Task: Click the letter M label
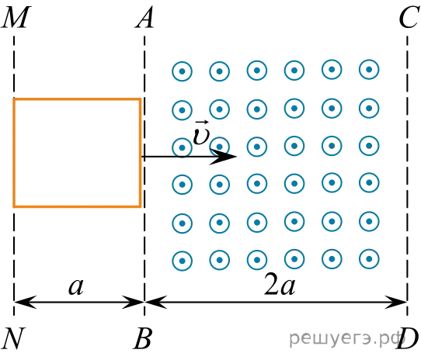click(16, 17)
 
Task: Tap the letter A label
click(144, 17)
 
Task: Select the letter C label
click(409, 17)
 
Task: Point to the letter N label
click(13, 338)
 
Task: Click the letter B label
click(143, 338)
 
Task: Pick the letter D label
click(408, 338)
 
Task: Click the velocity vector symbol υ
click(201, 133)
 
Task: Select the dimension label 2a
click(280, 284)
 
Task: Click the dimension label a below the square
click(76, 286)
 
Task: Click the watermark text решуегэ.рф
click(346, 338)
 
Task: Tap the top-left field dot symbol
click(182, 71)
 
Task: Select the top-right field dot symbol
click(369, 70)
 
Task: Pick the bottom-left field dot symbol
click(182, 261)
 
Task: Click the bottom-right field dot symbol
click(369, 259)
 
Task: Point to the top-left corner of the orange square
click(14, 99)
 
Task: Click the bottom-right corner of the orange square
click(140, 206)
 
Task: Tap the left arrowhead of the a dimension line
click(25, 302)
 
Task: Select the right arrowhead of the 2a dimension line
click(396, 302)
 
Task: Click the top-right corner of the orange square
click(140, 99)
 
